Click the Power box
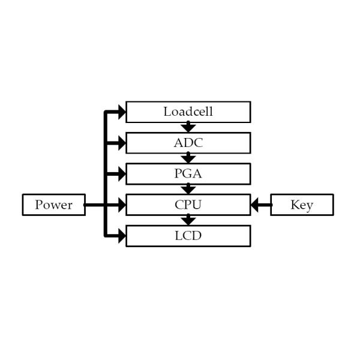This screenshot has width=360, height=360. (x=53, y=205)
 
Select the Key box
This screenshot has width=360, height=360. (x=302, y=205)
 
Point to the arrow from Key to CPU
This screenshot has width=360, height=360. (x=260, y=205)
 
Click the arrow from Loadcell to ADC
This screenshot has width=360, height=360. (x=188, y=127)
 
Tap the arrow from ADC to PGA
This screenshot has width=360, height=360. (x=188, y=158)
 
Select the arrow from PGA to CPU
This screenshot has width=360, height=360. (x=188, y=189)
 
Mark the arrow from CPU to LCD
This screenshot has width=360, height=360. (x=188, y=220)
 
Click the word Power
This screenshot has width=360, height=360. (x=53, y=205)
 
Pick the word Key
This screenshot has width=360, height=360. (x=302, y=205)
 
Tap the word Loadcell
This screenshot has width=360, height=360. (x=188, y=112)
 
